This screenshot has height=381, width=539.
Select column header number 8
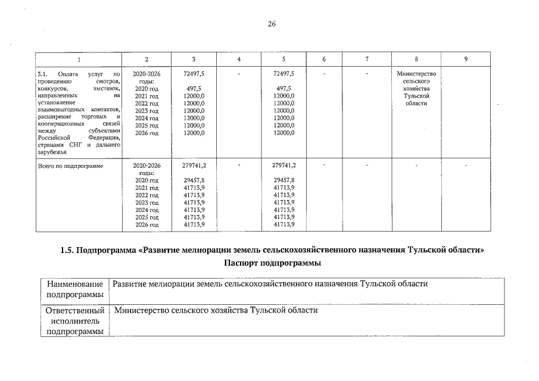(416, 59)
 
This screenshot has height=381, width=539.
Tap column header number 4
(238, 59)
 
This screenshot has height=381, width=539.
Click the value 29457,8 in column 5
(283, 180)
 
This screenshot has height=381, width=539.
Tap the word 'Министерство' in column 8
(416, 73)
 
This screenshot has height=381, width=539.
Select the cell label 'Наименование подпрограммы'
(75, 289)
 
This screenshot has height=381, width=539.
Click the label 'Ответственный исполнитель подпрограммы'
(75, 321)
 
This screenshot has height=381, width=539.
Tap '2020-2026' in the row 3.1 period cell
(147, 73)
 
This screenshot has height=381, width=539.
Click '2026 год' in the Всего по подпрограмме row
(147, 224)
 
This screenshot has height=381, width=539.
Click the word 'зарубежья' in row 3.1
(50, 152)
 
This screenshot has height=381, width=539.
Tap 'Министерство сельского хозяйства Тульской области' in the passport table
(216, 311)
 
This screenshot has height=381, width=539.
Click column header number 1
(79, 59)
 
